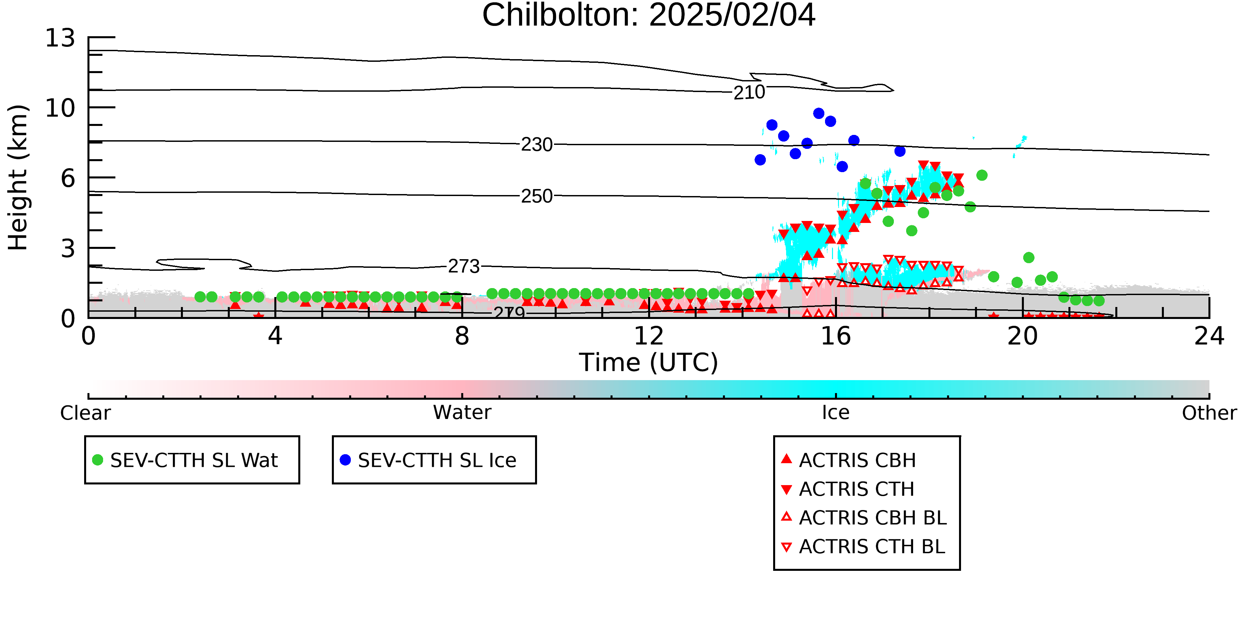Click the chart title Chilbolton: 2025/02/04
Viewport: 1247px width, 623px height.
[x=649, y=16]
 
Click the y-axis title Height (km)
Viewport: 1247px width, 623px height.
[x=18, y=177]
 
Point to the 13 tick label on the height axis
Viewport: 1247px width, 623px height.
[x=60, y=38]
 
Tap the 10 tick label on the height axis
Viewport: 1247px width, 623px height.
[x=60, y=108]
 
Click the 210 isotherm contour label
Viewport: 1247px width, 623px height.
[x=749, y=92]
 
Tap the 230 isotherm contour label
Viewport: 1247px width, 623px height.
[x=536, y=145]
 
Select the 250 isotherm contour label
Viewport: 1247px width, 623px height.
[x=536, y=196]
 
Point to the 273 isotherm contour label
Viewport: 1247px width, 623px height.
[x=464, y=266]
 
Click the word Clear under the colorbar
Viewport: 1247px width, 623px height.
[x=85, y=413]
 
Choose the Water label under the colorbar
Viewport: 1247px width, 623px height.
[x=462, y=413]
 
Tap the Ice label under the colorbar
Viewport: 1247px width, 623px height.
[x=836, y=413]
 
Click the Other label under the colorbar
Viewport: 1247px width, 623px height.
[x=1209, y=413]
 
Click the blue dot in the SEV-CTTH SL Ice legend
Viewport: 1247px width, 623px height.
[x=345, y=460]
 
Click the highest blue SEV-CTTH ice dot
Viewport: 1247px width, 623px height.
[x=819, y=113]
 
